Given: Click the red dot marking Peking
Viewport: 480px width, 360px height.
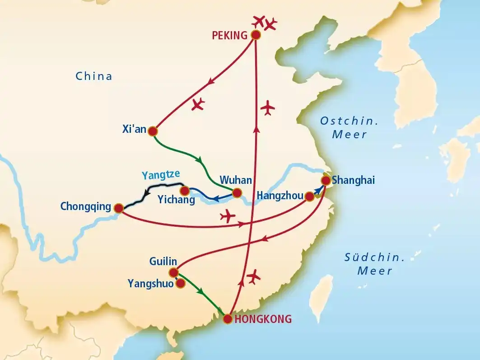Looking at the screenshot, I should pos(256,35).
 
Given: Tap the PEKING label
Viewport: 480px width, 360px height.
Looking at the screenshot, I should pos(230,35).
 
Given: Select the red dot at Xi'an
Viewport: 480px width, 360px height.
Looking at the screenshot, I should pos(153,131).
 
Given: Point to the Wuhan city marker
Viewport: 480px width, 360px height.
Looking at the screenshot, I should pos(236,194).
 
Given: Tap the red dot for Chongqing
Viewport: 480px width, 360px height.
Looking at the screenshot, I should pos(118,208).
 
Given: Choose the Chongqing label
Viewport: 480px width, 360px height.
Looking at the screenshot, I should pos(86,207).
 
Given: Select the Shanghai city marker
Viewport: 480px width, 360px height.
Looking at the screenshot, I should pos(326,180).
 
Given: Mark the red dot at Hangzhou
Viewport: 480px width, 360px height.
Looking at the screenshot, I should pos(309,196).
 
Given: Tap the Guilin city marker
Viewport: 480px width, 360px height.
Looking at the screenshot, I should pos(173,272).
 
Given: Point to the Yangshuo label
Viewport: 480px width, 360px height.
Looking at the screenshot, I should pos(151,284).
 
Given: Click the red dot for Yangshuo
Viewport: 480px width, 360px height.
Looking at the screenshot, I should pos(180,283).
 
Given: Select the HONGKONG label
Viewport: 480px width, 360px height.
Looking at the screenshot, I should pos(264,319).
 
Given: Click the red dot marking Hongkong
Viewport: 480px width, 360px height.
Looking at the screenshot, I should pos(228,319).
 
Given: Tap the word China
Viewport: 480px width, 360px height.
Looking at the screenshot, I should pos(93,76).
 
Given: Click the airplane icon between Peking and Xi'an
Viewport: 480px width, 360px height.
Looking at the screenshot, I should pos(198,104).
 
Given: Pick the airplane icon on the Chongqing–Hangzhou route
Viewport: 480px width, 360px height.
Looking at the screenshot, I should pos(228,216).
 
